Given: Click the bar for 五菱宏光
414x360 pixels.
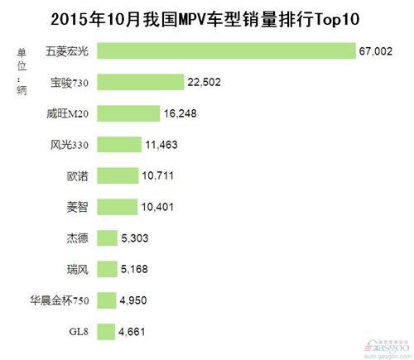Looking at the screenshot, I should (x=225, y=51).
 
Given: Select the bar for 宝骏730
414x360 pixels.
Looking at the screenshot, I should (x=138, y=82).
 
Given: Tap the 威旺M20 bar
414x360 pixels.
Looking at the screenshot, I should (x=128, y=113).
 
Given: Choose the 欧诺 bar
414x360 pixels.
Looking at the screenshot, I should (x=118, y=175).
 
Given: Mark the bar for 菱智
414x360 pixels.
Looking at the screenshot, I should (x=118, y=207).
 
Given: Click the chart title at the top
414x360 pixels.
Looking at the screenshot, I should (x=207, y=18).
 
